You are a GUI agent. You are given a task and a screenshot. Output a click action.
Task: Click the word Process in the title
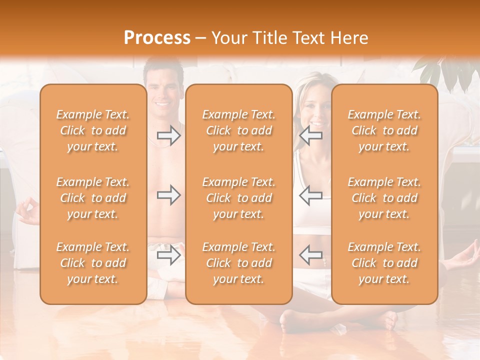tap(157, 38)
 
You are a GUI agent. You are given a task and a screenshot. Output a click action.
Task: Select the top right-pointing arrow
tap(169, 135)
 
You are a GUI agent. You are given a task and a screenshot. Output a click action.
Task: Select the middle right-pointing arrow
tap(169, 195)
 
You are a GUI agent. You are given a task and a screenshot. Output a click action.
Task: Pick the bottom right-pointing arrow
tap(169, 255)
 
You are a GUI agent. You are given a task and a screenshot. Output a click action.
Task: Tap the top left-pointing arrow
tap(311, 135)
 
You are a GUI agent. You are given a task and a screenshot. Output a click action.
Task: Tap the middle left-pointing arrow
tap(311, 195)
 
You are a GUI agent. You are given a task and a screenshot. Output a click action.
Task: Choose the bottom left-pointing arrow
tap(311, 255)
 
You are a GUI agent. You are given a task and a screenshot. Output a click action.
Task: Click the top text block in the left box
tap(93, 130)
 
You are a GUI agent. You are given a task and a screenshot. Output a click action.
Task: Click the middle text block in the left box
tap(93, 198)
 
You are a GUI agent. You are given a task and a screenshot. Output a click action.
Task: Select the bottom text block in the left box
tap(93, 263)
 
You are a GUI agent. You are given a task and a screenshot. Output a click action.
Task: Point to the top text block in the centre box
tap(238, 130)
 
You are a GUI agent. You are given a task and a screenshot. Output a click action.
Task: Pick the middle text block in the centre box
tap(238, 198)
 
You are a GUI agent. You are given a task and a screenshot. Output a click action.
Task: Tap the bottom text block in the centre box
tap(238, 263)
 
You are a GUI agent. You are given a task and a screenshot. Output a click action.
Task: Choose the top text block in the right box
tap(384, 130)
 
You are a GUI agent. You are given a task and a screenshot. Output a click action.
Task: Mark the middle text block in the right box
tap(384, 198)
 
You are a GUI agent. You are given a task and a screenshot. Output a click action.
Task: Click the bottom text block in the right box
tap(384, 263)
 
